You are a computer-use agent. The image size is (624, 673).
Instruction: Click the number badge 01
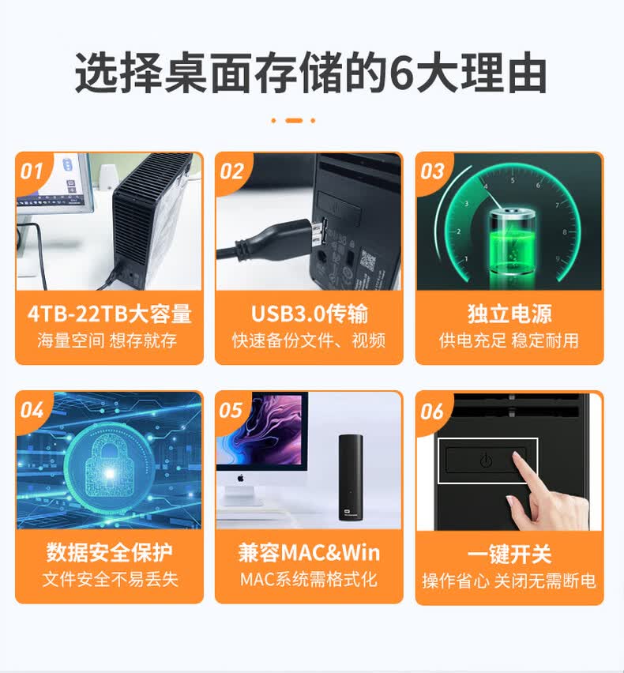click(32, 171)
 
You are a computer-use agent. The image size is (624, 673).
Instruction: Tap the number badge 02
click(231, 171)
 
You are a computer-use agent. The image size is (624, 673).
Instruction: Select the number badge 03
click(432, 171)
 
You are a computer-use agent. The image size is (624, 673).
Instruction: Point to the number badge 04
click(32, 410)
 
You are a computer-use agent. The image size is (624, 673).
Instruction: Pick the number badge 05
click(231, 410)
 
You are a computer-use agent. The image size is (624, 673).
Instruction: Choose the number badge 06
click(432, 412)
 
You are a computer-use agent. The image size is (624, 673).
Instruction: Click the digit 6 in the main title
click(400, 72)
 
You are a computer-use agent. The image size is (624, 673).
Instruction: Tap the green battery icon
click(512, 243)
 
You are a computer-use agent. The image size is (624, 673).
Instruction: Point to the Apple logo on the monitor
click(241, 478)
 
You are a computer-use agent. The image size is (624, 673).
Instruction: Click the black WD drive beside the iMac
click(351, 478)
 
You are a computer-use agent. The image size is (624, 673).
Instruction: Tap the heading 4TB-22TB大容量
click(110, 314)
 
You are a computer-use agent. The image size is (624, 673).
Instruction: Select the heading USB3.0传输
click(310, 314)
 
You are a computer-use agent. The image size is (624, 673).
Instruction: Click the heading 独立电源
click(509, 314)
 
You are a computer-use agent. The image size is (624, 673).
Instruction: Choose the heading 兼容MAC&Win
click(309, 552)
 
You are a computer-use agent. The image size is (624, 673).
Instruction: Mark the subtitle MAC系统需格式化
click(309, 580)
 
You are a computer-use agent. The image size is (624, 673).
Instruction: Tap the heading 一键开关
click(509, 554)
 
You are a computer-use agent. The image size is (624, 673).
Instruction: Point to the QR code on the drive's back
click(369, 259)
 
